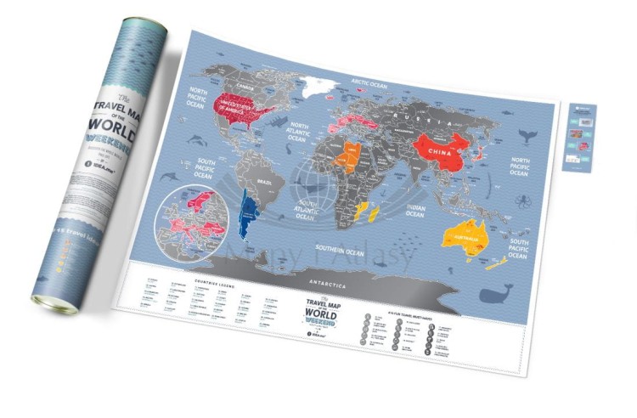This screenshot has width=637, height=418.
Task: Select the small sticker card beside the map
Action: pos(579,138)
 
